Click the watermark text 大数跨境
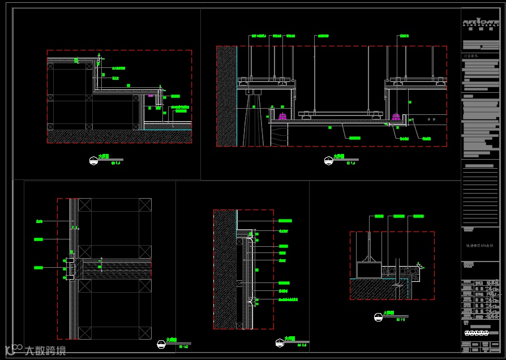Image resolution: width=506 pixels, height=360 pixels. click(45, 350)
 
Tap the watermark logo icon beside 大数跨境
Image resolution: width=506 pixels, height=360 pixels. click(12, 349)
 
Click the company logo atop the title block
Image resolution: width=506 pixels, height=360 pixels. click(480, 23)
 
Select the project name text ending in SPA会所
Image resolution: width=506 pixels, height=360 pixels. click(479, 246)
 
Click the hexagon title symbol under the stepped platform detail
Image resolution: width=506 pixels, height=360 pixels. click(93, 160)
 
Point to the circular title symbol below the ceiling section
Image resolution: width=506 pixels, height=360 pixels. click(327, 160)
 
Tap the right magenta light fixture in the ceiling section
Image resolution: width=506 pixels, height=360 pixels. click(396, 117)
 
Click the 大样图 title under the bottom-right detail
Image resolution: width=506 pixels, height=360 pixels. click(388, 312)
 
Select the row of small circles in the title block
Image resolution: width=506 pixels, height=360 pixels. click(480, 344)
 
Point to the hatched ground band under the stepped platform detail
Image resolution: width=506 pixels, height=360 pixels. click(119, 136)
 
